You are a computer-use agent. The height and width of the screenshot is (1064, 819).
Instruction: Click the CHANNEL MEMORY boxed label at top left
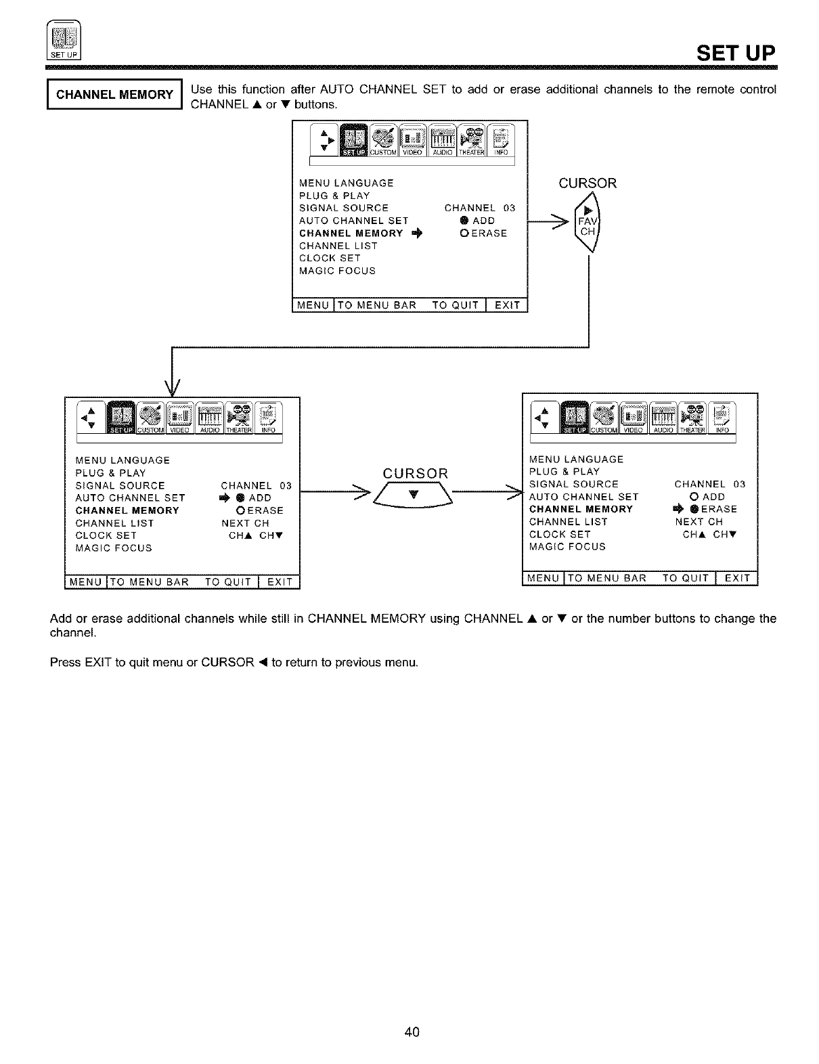(114, 94)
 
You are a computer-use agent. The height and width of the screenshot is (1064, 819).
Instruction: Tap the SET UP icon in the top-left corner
(63, 40)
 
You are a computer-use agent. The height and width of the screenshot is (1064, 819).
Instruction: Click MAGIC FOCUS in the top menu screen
(337, 271)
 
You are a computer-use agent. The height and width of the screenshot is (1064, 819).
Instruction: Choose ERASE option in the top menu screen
(483, 234)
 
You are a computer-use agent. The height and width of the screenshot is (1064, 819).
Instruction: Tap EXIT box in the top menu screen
(507, 305)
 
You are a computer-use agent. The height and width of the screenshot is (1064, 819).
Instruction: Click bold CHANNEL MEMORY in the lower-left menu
(127, 510)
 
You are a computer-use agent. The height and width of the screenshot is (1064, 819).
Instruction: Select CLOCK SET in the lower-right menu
(560, 534)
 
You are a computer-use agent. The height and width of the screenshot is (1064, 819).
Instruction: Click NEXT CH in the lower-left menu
(245, 523)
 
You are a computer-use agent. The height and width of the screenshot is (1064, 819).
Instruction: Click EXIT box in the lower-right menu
(737, 578)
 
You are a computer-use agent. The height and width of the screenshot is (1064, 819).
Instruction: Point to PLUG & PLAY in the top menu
(334, 196)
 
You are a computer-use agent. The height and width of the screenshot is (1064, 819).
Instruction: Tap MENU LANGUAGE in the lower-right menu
(576, 459)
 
